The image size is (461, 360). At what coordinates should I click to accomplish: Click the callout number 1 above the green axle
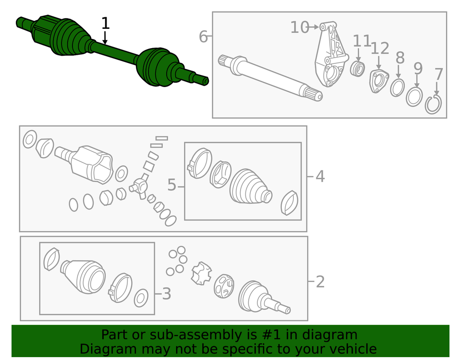point(105,23)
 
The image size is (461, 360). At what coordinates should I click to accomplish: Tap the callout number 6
point(203,37)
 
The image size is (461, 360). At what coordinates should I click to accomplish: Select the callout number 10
point(299,27)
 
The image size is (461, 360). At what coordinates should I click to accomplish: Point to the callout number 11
point(362,41)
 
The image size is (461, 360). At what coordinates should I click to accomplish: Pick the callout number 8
point(400,58)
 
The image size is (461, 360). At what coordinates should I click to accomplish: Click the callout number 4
point(320,176)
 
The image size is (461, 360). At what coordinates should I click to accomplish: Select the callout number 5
point(171,185)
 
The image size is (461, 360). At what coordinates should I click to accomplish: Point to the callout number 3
point(166,293)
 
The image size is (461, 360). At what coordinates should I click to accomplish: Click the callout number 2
point(320,282)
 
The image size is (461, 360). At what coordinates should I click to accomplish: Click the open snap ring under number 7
point(433,104)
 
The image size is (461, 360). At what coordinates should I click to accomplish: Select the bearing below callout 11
point(358,68)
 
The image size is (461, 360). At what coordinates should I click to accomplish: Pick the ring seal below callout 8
point(397,88)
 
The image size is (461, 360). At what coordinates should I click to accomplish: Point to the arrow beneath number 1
point(105,38)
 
